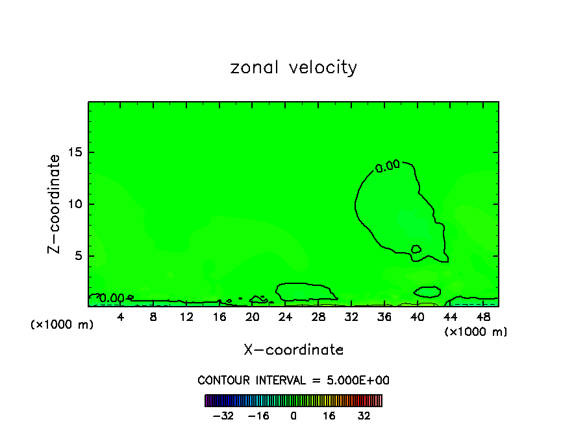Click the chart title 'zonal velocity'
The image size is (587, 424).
[x=293, y=67]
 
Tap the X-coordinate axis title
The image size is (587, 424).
[x=293, y=350]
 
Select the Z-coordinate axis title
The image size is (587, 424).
[x=55, y=204]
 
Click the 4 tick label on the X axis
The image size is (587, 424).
[x=120, y=317]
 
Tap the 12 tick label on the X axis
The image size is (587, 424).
[x=186, y=317]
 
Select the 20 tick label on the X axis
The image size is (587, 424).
[x=253, y=317]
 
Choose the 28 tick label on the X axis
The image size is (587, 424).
[x=318, y=317]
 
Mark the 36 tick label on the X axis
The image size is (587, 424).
[x=384, y=317]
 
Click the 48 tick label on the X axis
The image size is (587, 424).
[x=483, y=317]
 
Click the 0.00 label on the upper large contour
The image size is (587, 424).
[x=388, y=165]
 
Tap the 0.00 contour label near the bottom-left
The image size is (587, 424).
[x=112, y=298]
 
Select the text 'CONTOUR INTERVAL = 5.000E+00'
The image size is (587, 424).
[x=293, y=381]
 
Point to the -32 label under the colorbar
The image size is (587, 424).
[x=224, y=416]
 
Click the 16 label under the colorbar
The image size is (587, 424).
[x=329, y=416]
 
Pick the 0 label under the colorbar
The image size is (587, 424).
[x=293, y=416]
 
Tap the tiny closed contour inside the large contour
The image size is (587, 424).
[x=416, y=249]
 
